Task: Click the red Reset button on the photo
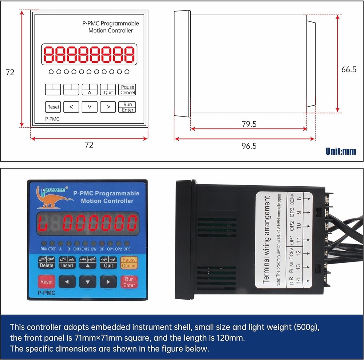pyautogui.click(x=46, y=282)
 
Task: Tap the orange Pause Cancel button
pyautogui.click(x=129, y=263)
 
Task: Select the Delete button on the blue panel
pyautogui.click(x=46, y=263)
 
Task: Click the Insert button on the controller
pyautogui.click(x=67, y=263)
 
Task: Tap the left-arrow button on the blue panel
pyautogui.click(x=67, y=282)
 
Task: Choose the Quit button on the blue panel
pyautogui.click(x=108, y=263)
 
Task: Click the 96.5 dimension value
pyautogui.click(x=249, y=146)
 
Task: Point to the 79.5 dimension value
pyautogui.click(x=249, y=124)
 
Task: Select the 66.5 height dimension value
pyautogui.click(x=349, y=70)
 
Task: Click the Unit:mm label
pyautogui.click(x=341, y=151)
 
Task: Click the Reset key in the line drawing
pyautogui.click(x=53, y=107)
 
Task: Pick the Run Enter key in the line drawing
pyautogui.click(x=127, y=107)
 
